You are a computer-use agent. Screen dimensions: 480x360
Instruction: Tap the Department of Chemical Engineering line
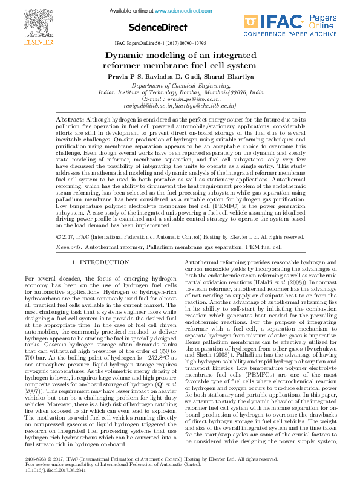180,86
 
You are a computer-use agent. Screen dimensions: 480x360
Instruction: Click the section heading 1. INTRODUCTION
100,262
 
